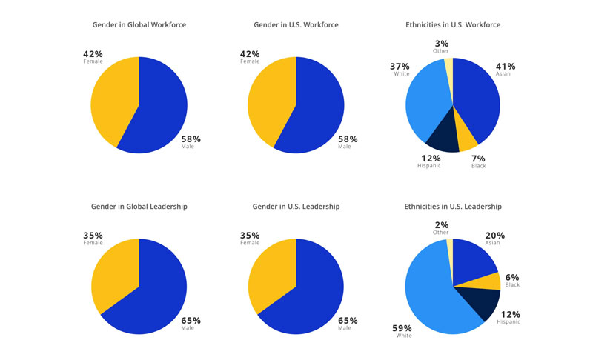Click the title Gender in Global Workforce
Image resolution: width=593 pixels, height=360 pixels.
click(x=139, y=25)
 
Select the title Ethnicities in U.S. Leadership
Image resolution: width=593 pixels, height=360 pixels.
click(x=453, y=207)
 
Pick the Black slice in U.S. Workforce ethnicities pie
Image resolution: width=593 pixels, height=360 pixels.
click(x=467, y=136)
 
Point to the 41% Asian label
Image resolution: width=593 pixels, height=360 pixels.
click(x=506, y=69)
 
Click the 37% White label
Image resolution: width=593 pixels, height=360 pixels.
click(x=400, y=69)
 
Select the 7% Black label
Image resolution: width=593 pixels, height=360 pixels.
click(x=479, y=161)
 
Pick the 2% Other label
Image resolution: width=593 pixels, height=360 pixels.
click(x=441, y=227)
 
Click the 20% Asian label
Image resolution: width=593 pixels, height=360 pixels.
click(x=495, y=238)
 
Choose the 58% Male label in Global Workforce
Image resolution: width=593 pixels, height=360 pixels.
click(x=191, y=141)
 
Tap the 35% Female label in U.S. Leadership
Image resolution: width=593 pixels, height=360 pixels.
click(x=250, y=238)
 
